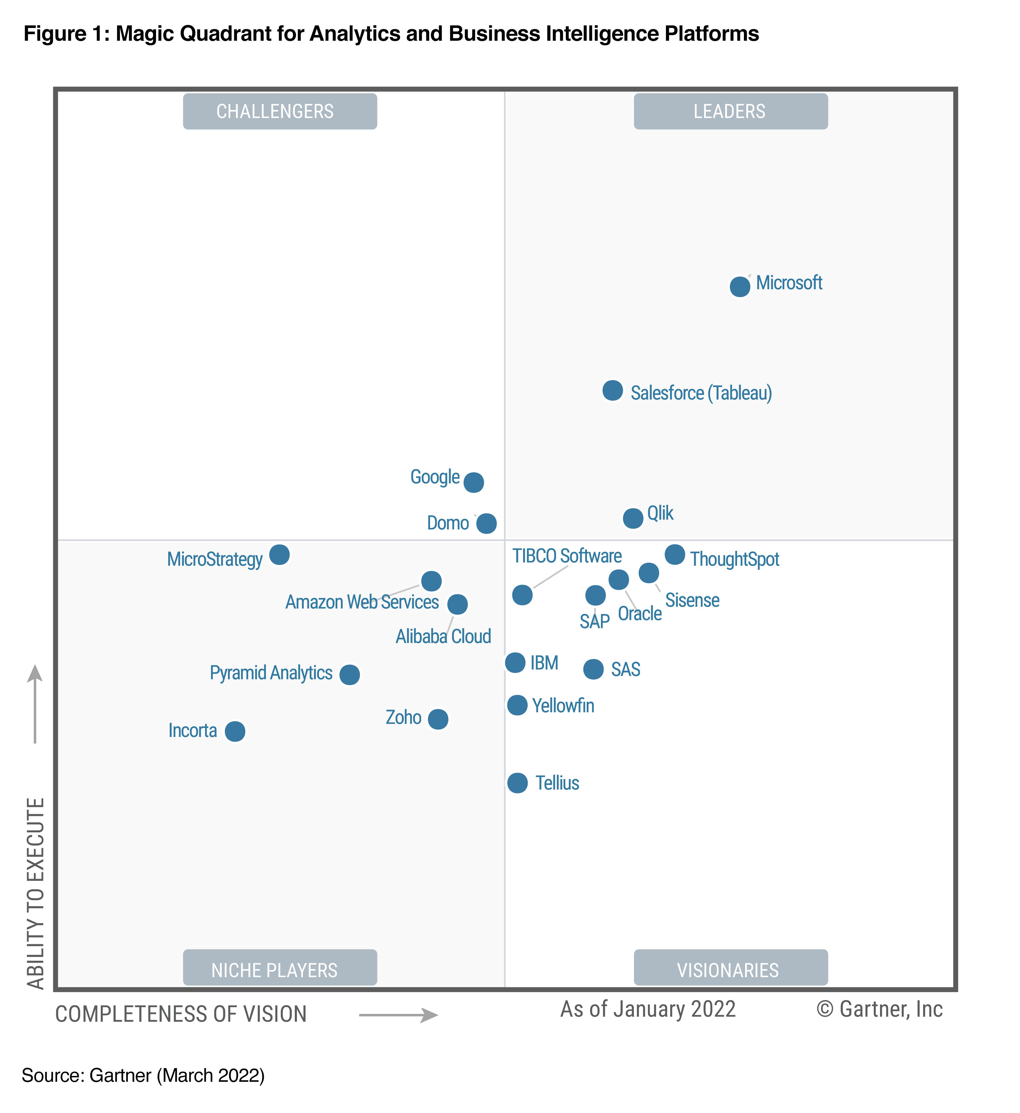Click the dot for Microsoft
[740, 287]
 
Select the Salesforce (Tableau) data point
[612, 390]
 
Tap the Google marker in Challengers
[473, 482]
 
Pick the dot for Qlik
[632, 518]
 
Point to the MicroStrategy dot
[279, 554]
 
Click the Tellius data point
[517, 782]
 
